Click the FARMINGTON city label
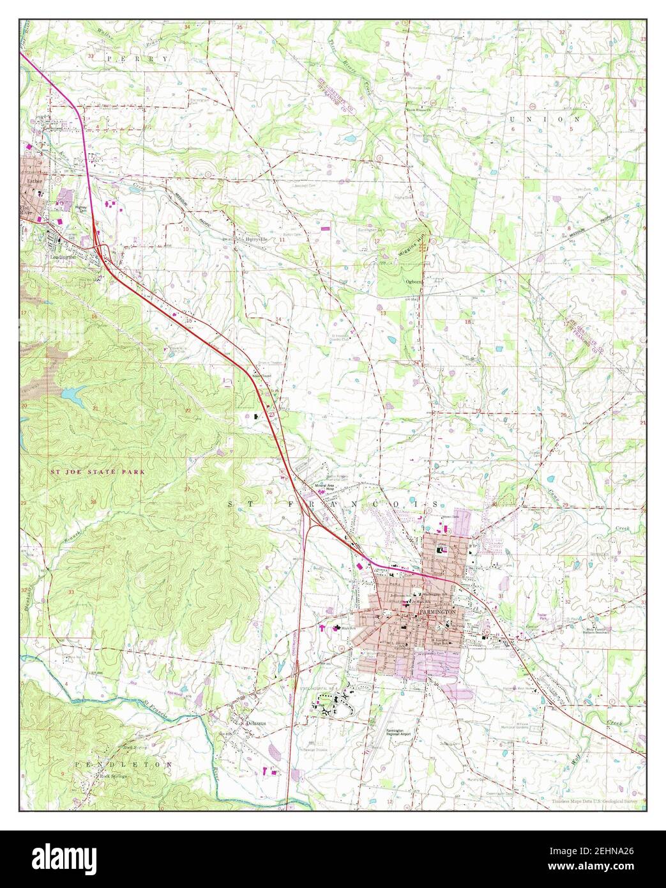point(437,611)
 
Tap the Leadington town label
point(63,257)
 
